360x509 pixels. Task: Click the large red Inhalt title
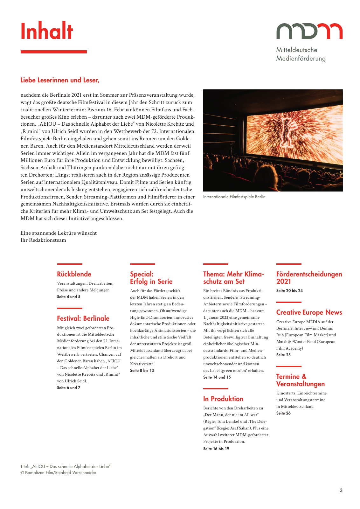coord(47,31)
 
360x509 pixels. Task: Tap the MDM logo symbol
coord(309,31)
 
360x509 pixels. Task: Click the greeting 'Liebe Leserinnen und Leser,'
coord(60,80)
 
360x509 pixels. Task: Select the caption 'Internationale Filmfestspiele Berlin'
coord(234,197)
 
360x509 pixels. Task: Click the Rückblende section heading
coord(74,274)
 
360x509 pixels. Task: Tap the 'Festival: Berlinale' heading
coord(83,318)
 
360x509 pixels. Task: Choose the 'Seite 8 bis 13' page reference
coord(142,371)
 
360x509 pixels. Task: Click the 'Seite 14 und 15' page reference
coord(217,377)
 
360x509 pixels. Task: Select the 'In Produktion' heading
coord(223,399)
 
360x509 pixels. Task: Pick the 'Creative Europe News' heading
coord(309,312)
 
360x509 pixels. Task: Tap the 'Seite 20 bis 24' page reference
coord(289,291)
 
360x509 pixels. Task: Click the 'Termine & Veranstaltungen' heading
coord(300,380)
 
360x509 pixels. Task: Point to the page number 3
coord(341,491)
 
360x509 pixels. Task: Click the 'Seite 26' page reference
coord(283,413)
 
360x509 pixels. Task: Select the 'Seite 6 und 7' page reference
coord(69,388)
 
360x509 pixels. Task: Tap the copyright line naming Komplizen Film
coord(59,473)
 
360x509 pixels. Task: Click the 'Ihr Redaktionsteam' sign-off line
coord(43,240)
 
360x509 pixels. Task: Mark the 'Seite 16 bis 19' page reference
coord(216,449)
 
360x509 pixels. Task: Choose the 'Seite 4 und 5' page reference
coord(69,297)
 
